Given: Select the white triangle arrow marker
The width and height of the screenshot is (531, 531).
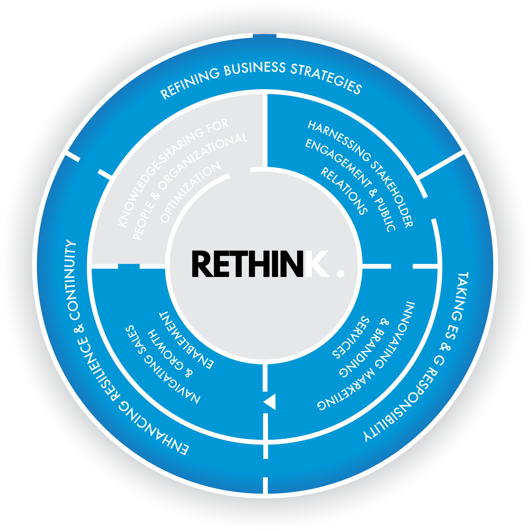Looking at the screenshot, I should click(270, 402).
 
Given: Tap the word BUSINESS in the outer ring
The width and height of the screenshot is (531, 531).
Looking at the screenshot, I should click(255, 69).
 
